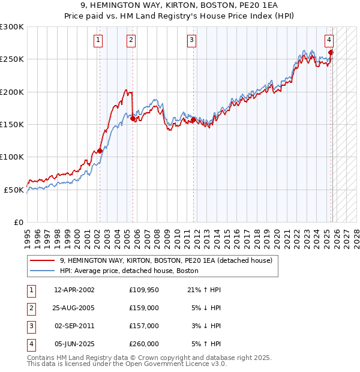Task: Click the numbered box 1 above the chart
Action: coord(98,40)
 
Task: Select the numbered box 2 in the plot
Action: coord(131,40)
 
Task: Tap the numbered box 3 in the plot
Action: coord(191,40)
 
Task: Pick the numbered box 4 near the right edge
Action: coord(329,40)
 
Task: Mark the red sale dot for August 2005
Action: coord(133,119)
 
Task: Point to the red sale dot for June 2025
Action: coord(331,52)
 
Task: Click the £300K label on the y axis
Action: coord(12,27)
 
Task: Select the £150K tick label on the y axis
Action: coord(12,124)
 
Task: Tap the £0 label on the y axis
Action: coord(18,222)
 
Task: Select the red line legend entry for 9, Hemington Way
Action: coord(166,260)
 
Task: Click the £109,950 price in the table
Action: coord(144,290)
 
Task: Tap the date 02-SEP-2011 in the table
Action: coord(74,326)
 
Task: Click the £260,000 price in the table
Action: coord(144,344)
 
